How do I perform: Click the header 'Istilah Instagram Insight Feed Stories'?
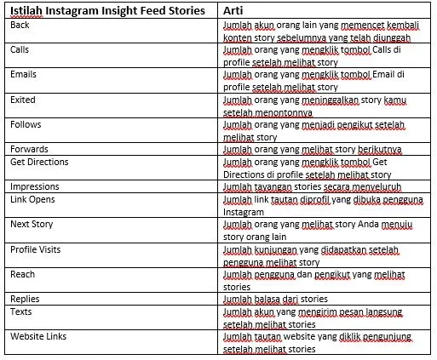(x=108, y=11)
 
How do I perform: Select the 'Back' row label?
(x=20, y=26)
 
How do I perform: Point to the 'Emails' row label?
(x=24, y=75)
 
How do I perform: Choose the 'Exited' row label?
(x=23, y=100)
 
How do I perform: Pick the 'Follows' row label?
(x=26, y=124)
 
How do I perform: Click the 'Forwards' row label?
(x=30, y=149)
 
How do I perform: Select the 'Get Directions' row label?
(x=42, y=162)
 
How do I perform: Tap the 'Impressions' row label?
(x=35, y=186)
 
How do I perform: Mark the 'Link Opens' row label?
(x=32, y=199)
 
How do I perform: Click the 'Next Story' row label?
(x=32, y=224)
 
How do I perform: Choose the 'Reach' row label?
(x=22, y=274)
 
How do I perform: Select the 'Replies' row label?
(x=25, y=299)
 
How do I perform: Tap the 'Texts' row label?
(x=21, y=311)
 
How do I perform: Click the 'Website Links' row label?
(x=38, y=336)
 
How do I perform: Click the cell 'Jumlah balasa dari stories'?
(x=275, y=299)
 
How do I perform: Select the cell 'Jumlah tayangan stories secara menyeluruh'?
(x=312, y=186)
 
